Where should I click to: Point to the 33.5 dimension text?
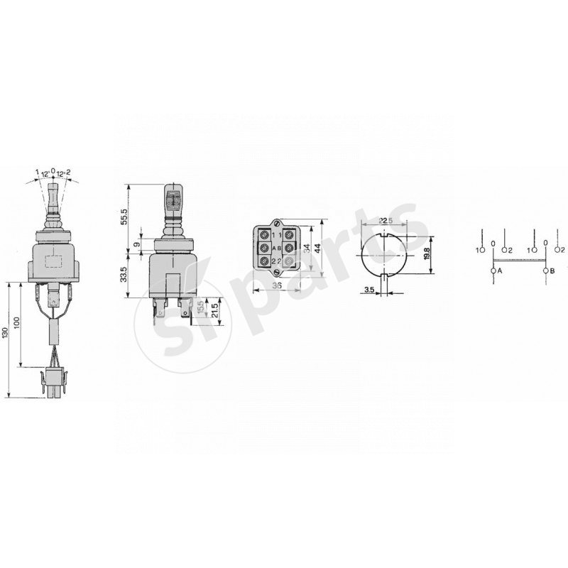click(x=124, y=274)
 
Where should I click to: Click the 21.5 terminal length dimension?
click(x=214, y=310)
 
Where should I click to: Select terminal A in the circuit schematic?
click(x=493, y=271)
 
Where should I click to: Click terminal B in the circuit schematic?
click(x=545, y=271)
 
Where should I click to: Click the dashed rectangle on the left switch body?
click(x=53, y=261)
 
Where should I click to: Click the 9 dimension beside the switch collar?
click(x=137, y=245)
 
